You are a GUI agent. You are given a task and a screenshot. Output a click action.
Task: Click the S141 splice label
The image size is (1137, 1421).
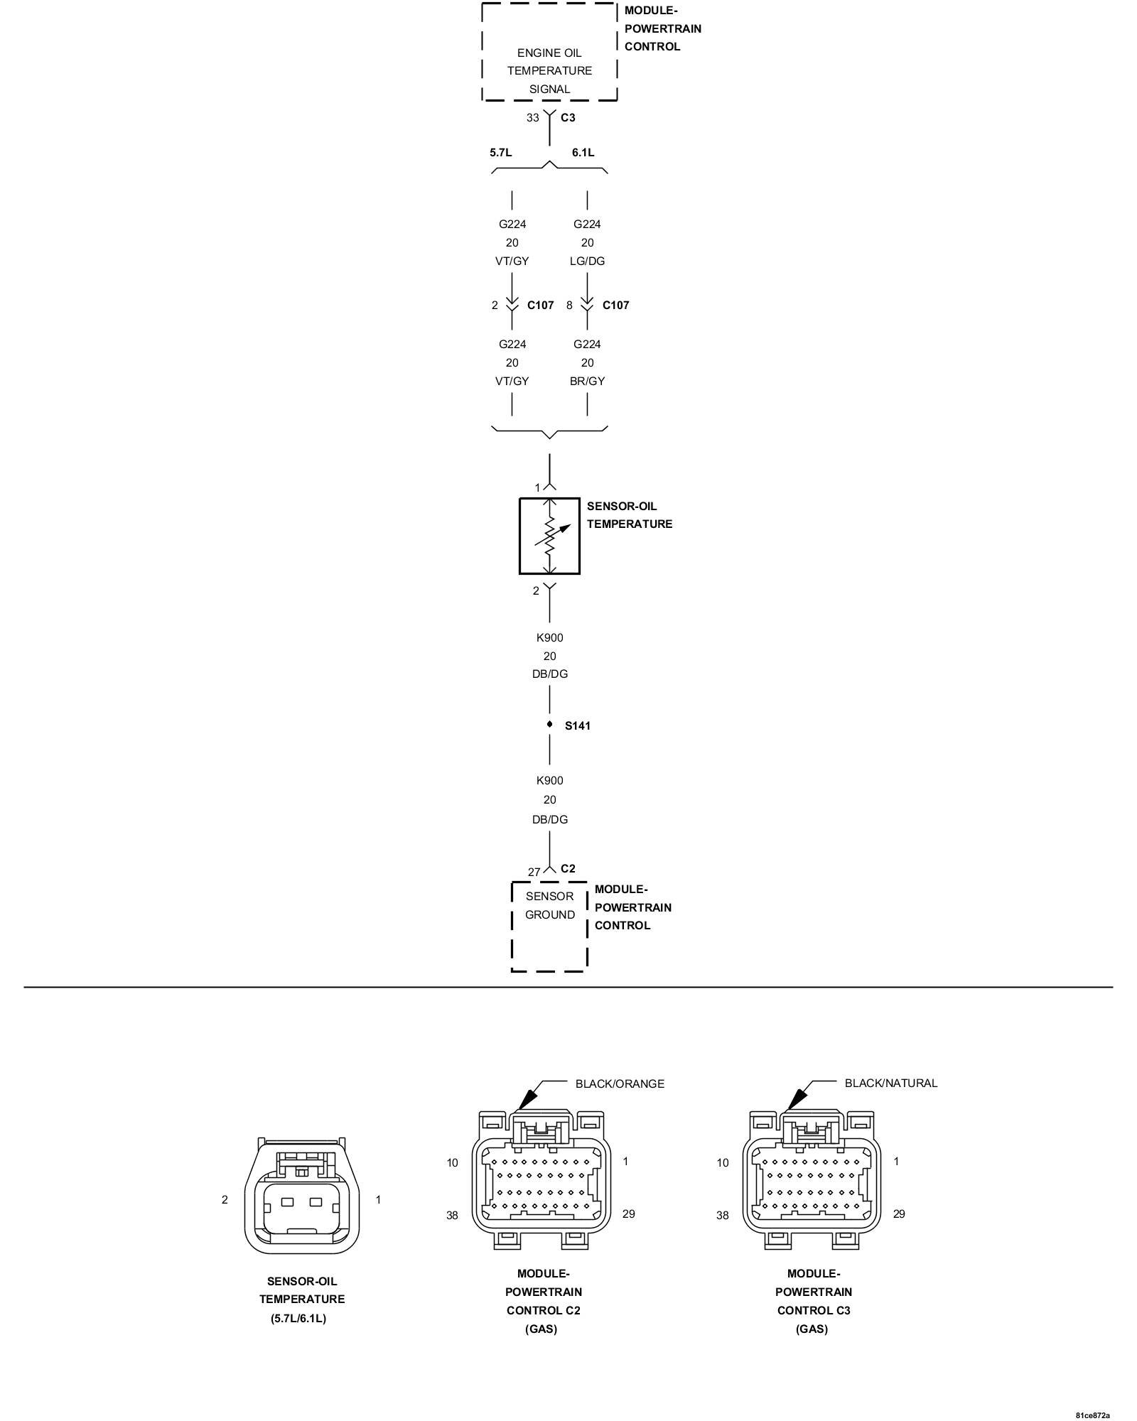pos(577,725)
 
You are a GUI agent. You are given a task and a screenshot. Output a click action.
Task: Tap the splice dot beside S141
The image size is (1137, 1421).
pos(549,725)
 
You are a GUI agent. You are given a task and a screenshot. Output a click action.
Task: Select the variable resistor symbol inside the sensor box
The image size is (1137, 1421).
pos(550,536)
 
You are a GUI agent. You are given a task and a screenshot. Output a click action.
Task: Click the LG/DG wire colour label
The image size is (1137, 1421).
pos(587,261)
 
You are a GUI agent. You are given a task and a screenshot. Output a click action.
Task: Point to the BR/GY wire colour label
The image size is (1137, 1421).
pos(587,381)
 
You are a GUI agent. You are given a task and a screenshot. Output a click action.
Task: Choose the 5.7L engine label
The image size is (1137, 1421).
pos(500,152)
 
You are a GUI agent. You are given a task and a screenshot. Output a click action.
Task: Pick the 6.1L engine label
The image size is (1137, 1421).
pos(583,152)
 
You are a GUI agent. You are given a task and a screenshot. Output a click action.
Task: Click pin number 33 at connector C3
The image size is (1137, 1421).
pos(532,118)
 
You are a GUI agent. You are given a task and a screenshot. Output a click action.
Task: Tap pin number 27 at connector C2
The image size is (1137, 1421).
pos(534,872)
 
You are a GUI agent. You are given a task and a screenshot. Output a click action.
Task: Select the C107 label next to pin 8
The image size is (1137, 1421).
pos(615,305)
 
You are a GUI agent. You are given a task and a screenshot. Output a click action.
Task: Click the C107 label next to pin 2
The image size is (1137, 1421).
pos(540,305)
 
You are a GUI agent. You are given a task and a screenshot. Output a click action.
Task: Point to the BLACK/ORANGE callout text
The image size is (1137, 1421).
pos(620,1084)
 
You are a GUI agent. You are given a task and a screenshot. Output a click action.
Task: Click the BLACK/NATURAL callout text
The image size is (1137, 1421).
pos(890,1083)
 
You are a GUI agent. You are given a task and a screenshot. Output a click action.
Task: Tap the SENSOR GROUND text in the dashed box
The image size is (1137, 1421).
pos(549,905)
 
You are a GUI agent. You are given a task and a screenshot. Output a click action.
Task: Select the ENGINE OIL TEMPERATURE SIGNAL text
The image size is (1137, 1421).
pos(549,71)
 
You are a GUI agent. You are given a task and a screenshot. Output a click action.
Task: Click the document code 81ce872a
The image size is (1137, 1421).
pos(1092,1415)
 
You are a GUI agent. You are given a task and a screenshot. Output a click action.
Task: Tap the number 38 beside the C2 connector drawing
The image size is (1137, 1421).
pos(452,1215)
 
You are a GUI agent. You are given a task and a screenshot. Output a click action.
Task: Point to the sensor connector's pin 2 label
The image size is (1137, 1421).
pos(225,1199)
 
